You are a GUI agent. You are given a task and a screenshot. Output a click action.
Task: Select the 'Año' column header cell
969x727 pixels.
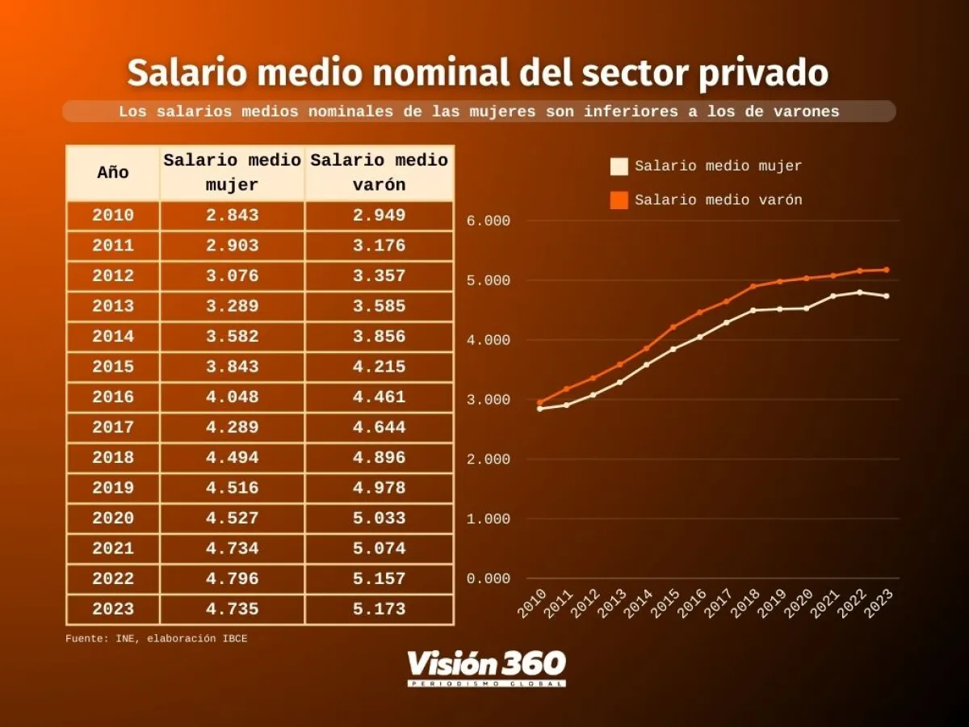[113, 173]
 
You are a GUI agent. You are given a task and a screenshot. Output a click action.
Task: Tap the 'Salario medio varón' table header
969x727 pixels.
[379, 173]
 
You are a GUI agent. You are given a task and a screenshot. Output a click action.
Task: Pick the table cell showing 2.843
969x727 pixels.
[232, 216]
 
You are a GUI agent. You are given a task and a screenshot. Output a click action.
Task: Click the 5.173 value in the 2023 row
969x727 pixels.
[379, 609]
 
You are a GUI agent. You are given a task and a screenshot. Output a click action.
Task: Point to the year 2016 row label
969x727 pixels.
[113, 397]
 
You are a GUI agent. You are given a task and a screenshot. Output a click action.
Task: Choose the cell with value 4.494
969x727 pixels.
[232, 458]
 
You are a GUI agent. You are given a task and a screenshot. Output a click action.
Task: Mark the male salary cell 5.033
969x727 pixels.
[379, 519]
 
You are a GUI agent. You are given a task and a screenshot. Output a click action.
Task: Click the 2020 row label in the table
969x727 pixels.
[113, 519]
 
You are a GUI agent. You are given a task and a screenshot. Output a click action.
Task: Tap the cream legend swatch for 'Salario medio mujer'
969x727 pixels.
[619, 167]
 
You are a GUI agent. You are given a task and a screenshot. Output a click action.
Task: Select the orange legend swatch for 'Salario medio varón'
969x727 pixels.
[619, 200]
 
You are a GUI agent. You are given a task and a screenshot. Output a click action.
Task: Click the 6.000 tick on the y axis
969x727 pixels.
[489, 221]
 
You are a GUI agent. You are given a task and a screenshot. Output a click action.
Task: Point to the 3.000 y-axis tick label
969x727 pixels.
[489, 400]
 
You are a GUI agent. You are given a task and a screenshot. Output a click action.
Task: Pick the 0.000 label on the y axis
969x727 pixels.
[489, 578]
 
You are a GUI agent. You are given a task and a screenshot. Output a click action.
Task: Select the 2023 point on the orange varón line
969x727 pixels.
[887, 270]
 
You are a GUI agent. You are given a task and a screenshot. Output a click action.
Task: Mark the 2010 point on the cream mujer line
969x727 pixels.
[539, 409]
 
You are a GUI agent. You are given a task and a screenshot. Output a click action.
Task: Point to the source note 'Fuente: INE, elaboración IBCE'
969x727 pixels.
[157, 639]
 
